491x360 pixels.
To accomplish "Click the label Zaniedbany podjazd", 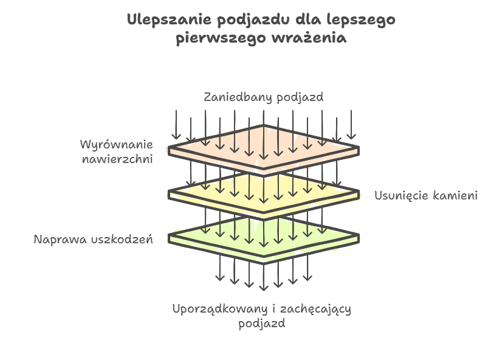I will [263, 97].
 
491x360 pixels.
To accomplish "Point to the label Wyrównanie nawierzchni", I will [116, 152].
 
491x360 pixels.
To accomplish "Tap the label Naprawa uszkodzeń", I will [93, 239].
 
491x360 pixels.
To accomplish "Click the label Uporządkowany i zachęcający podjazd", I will [262, 316].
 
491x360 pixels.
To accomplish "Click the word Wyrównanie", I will [116, 145].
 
